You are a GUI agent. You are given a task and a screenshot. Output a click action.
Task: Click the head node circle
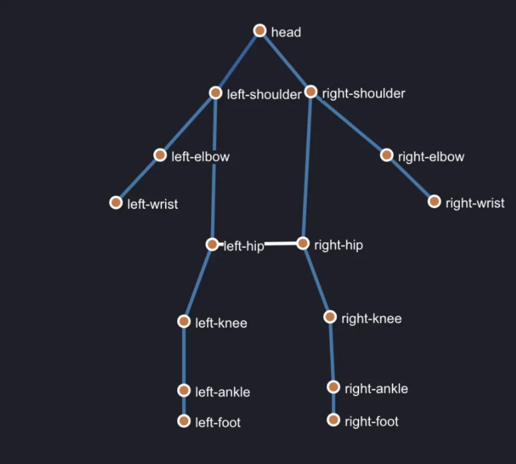260,30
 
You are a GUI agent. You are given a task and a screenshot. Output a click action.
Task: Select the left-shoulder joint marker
215,93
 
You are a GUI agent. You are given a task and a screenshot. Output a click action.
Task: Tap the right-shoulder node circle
311,92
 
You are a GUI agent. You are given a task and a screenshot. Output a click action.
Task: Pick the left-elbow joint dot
160,155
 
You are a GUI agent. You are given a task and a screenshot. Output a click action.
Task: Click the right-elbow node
387,155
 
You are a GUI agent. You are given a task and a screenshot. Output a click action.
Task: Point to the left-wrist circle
116,202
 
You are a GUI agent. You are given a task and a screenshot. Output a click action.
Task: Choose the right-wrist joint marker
434,202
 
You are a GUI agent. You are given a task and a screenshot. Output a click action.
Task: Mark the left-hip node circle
212,244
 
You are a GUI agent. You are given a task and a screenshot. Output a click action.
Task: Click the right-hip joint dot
303,243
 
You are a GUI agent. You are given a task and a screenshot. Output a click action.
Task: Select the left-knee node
184,321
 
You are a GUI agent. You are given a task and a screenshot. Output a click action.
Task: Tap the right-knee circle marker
330,317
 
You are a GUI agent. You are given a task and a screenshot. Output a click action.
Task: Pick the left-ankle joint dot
184,391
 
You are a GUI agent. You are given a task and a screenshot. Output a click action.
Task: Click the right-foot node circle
333,420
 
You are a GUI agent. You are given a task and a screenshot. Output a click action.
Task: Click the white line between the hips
257,244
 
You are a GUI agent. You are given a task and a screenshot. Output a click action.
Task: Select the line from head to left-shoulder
238,62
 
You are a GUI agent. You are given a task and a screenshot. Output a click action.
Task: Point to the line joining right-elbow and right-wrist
410,179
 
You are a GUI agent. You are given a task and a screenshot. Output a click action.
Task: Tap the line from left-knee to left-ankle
184,356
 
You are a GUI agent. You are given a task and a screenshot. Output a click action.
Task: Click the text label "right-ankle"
376,389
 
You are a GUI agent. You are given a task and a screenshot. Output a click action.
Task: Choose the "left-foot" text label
218,422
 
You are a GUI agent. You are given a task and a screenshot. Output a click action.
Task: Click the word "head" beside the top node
286,32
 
